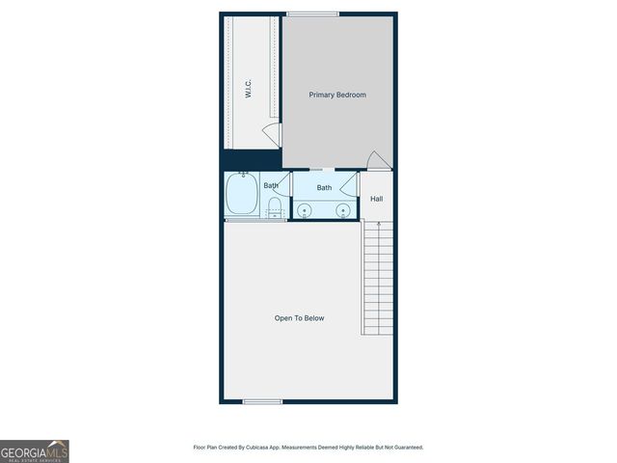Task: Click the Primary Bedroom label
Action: (337, 95)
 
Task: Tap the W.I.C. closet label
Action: (249, 90)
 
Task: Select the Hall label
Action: (376, 199)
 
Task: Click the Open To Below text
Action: (299, 317)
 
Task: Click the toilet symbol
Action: (274, 207)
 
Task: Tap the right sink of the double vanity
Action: (342, 209)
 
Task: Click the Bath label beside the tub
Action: (272, 184)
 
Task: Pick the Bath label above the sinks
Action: (325, 188)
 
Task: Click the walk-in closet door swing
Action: (273, 136)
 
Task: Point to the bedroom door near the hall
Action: (379, 161)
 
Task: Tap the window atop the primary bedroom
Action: (312, 14)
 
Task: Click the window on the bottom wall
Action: (262, 401)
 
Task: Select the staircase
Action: (378, 280)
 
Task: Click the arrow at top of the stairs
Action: (379, 226)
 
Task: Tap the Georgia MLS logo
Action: (35, 450)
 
